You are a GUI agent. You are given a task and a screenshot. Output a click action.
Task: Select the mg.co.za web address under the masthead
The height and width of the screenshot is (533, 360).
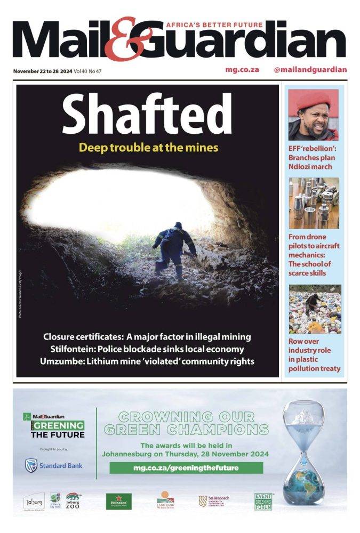[242, 69]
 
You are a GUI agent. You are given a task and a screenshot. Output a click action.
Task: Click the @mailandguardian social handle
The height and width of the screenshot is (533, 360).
[310, 69]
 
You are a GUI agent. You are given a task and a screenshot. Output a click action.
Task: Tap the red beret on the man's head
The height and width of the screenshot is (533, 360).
[313, 101]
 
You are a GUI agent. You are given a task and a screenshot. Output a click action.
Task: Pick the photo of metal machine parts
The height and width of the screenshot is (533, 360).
[314, 203]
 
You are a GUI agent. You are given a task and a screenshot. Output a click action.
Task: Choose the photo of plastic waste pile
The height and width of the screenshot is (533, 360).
[314, 309]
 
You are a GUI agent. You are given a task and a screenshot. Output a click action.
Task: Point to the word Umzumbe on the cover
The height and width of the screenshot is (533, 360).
[62, 361]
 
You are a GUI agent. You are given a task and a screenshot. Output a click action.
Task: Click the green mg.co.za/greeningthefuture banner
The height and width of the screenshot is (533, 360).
[186, 468]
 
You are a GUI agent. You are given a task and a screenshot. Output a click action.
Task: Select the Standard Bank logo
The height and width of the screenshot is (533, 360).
[54, 466]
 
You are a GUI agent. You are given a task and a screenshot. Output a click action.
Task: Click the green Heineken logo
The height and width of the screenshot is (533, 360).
[118, 502]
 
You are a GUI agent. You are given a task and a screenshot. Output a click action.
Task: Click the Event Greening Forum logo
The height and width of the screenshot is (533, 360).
[263, 501]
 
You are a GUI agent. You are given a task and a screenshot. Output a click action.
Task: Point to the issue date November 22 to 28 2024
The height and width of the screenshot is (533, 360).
[43, 71]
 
